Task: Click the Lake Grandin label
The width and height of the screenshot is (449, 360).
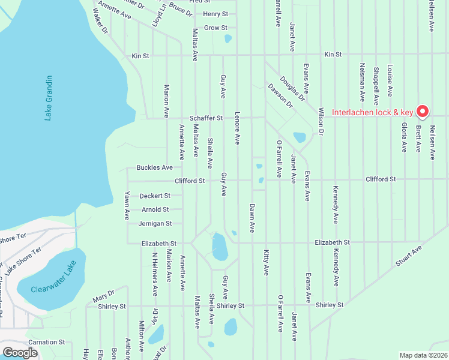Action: pos(49,98)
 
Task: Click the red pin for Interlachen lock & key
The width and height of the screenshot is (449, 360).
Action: pos(422,110)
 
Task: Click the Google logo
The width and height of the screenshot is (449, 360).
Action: pos(20,353)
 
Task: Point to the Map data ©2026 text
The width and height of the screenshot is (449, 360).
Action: pos(423,355)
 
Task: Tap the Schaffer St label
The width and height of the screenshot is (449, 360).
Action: pos(206,119)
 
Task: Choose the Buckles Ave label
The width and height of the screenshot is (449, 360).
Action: pos(154,167)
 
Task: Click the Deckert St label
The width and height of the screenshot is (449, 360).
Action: pos(155,196)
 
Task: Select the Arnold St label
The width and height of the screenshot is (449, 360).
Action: pos(155,209)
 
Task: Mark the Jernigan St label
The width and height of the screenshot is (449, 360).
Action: pos(155,223)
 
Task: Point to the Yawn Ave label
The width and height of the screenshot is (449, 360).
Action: pos(127,205)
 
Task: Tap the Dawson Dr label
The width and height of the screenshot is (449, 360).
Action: pos(280,95)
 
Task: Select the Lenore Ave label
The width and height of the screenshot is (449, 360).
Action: pos(237,128)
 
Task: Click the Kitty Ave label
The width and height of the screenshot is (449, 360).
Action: pos(266,263)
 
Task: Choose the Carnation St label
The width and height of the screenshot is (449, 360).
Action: pos(46,342)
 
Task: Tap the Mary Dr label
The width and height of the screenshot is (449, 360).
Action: pos(103,296)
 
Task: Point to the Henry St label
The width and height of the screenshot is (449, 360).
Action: pos(215,14)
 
